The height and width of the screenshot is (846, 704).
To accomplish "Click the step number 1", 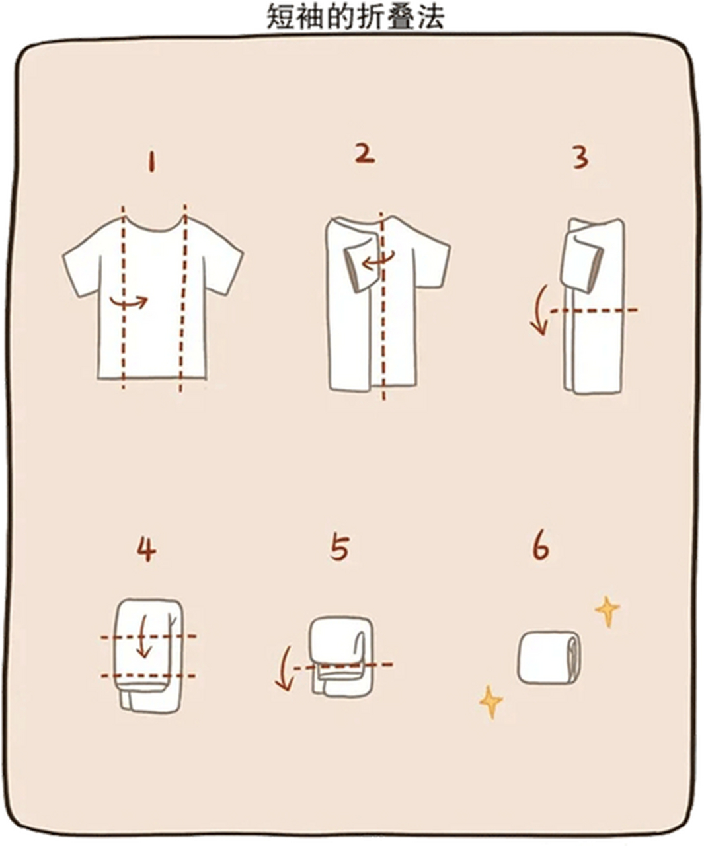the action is click(151, 162).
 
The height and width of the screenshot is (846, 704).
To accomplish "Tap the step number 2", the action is click(365, 155).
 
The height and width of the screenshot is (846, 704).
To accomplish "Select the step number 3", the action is click(580, 158).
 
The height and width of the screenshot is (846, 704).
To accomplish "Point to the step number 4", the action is click(146, 549).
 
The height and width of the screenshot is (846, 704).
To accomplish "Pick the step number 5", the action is click(339, 548).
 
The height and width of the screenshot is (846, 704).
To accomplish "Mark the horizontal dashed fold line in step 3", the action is click(594, 311).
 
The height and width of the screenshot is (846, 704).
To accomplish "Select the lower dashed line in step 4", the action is click(148, 676).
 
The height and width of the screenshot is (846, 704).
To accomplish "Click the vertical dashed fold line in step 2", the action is click(382, 306).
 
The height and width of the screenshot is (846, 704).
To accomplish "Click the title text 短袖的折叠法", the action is click(355, 17).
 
